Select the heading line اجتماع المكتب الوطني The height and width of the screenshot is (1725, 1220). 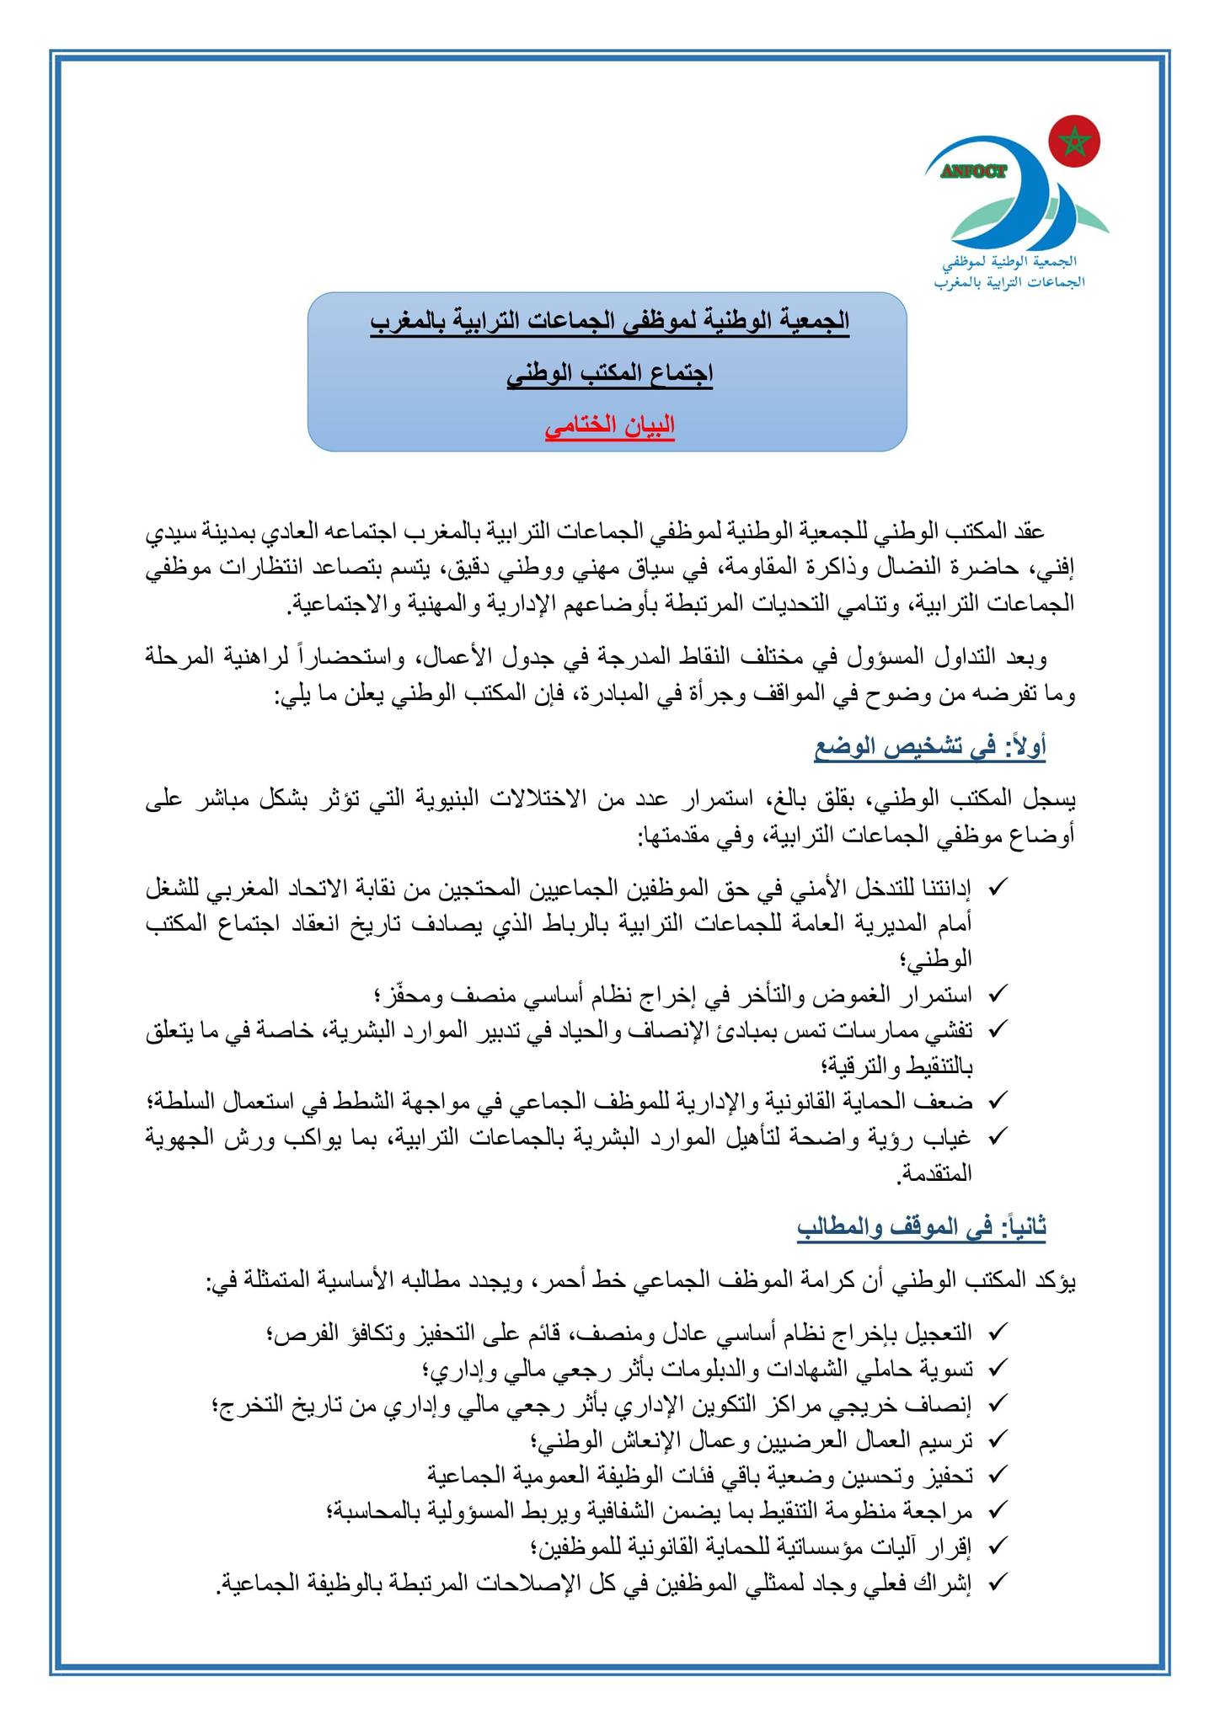click(x=610, y=373)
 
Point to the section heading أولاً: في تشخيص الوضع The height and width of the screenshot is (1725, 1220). click(x=929, y=746)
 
